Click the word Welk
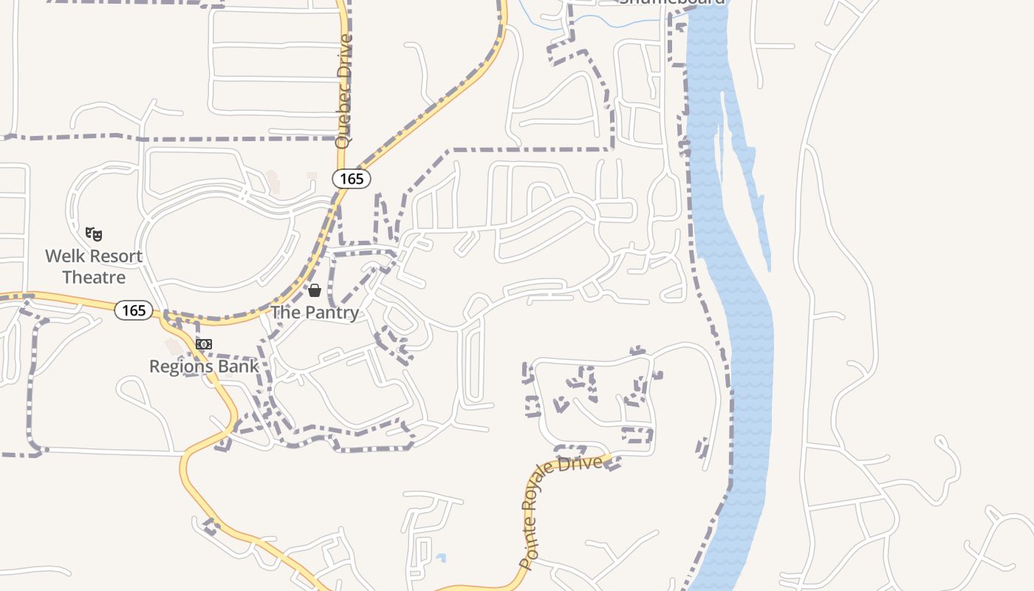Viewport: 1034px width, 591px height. (63, 256)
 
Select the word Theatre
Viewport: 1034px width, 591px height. (94, 278)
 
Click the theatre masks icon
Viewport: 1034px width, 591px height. (94, 235)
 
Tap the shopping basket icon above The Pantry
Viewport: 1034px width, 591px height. (315, 290)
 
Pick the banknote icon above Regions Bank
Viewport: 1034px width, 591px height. (204, 344)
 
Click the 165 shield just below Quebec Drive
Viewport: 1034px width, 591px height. (352, 178)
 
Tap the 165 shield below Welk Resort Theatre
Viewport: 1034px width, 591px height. (134, 310)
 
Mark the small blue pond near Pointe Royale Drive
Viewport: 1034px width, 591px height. (441, 558)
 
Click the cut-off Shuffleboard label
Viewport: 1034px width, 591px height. (672, 2)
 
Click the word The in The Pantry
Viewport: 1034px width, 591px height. (284, 312)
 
